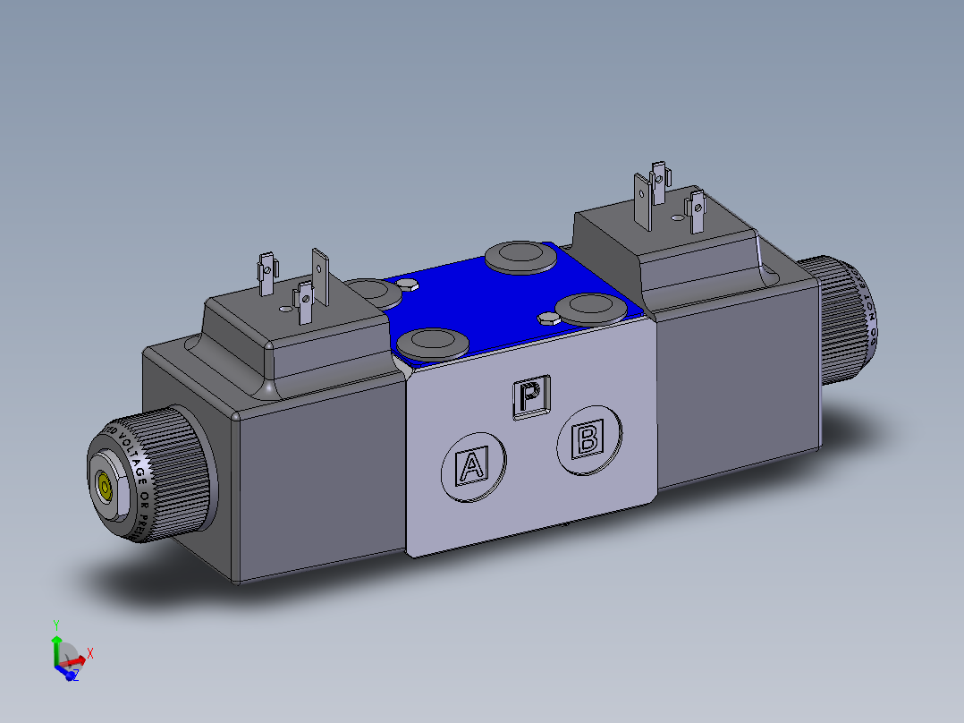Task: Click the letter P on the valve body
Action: pyautogui.click(x=531, y=395)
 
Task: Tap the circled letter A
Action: pyautogui.click(x=472, y=467)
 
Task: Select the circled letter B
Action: pyautogui.click(x=588, y=439)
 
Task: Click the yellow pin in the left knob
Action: pyautogui.click(x=105, y=487)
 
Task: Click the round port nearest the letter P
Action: pyautogui.click(x=433, y=343)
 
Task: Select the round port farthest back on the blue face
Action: pyautogui.click(x=520, y=257)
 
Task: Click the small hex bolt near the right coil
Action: pyautogui.click(x=549, y=318)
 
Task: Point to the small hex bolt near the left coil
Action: pyautogui.click(x=407, y=285)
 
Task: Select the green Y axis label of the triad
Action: pyautogui.click(x=55, y=624)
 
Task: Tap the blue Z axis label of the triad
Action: pyautogui.click(x=75, y=676)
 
